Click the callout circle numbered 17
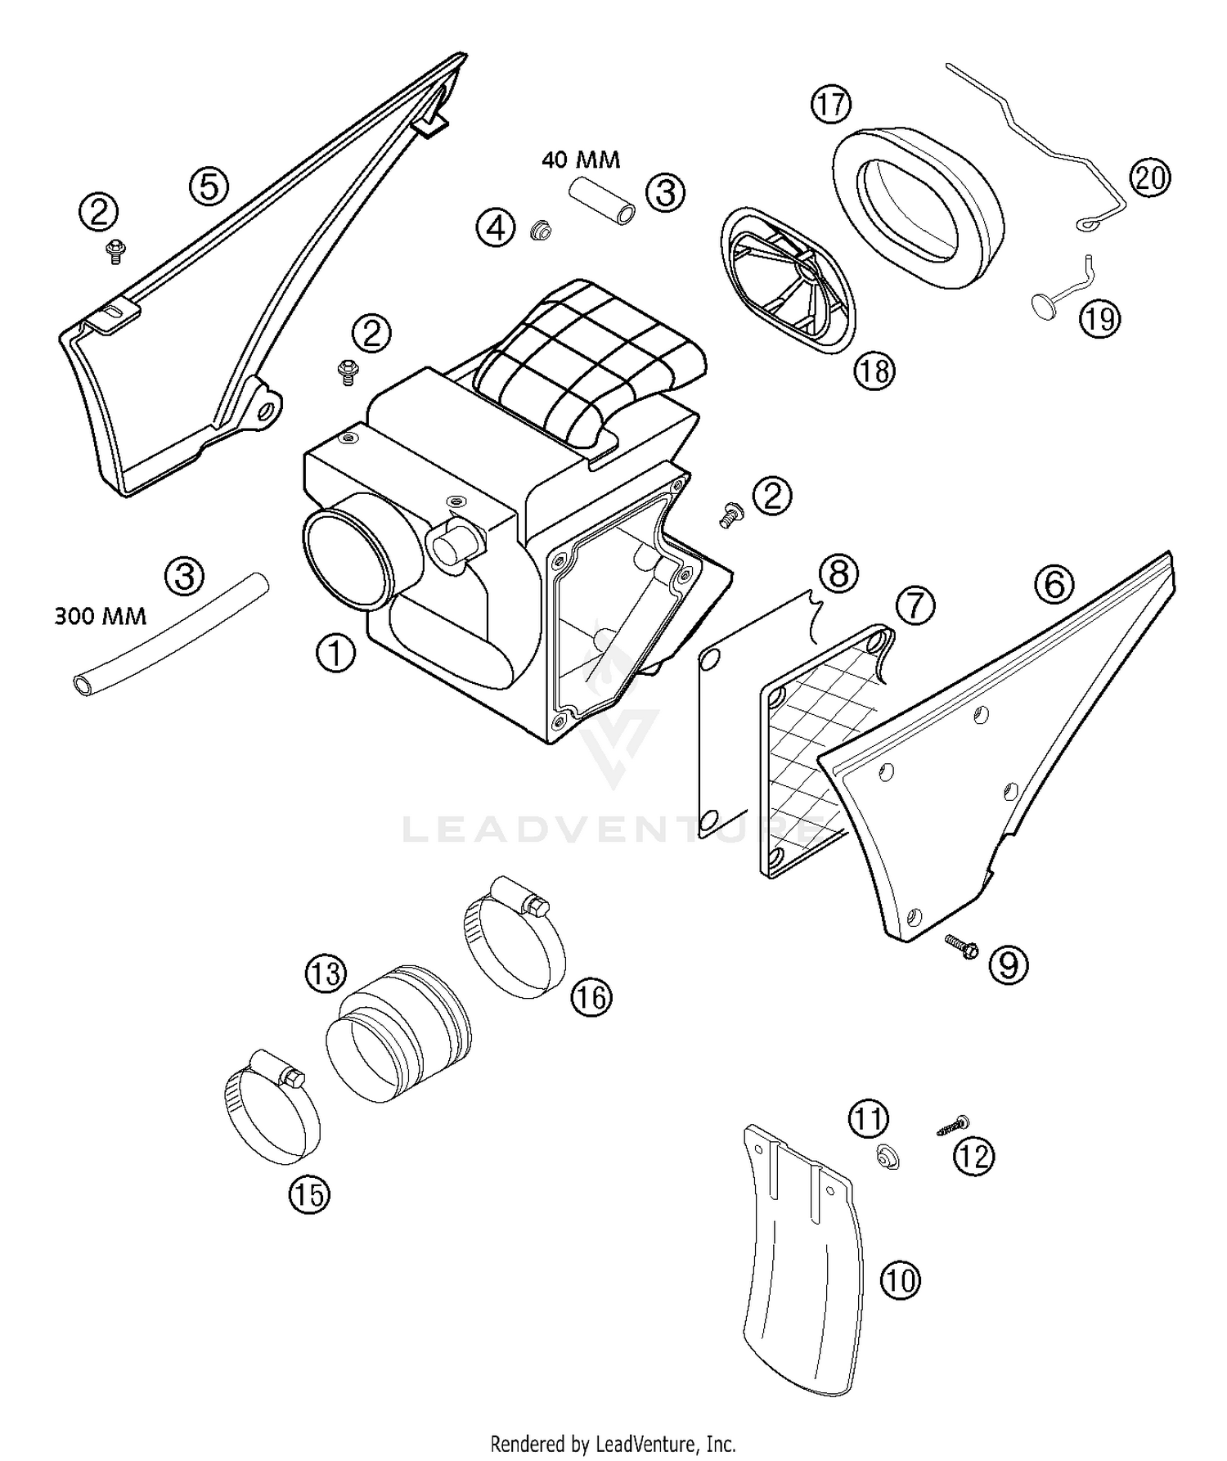coord(831,106)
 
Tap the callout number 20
coord(1150,178)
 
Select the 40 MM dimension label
coord(581,160)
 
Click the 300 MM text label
coord(100,615)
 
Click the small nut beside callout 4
coord(538,232)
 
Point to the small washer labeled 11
coord(885,1156)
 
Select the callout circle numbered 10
coord(901,1280)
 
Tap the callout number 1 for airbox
coord(335,654)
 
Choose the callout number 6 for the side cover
coord(1054,584)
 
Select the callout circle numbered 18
coord(874,371)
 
